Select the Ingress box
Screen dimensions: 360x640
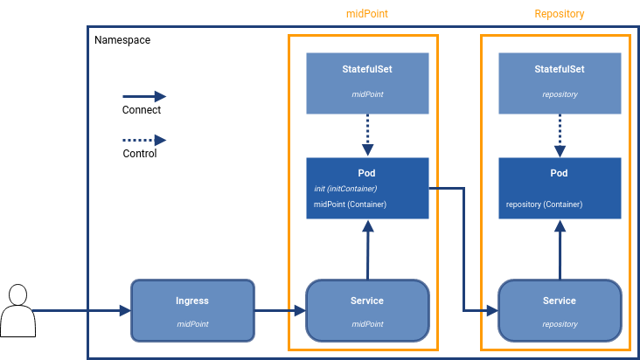192,310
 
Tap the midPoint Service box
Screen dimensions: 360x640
367,310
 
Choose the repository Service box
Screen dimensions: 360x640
560,310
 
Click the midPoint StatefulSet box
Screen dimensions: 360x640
367,83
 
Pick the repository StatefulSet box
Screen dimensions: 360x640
560,83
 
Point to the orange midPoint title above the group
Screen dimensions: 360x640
367,14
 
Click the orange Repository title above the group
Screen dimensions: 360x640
560,14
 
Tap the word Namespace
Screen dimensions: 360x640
122,41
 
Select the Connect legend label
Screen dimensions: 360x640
142,111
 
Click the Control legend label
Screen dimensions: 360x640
140,154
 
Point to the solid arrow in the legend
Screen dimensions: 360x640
143,96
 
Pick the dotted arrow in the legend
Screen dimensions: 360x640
143,140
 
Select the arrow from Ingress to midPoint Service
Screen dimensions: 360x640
280,310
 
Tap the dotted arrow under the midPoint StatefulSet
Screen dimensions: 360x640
367,135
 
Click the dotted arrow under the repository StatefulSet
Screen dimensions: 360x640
560,135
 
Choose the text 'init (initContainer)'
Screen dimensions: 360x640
345,188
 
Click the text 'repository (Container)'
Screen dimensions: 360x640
545,204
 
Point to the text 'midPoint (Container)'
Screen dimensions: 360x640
350,204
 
